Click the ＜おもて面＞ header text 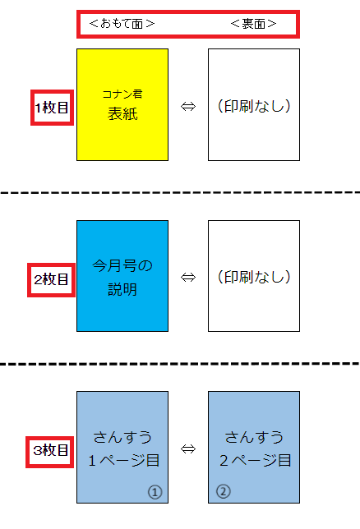122,24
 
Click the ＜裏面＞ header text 254,24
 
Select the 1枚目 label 52,108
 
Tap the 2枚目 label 51,279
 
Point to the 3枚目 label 50,450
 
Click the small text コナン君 122,94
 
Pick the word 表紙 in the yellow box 122,113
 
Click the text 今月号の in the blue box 122,266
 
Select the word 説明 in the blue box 122,289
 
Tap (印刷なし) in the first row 254,106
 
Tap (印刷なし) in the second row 254,277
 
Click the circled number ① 155,492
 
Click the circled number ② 224,491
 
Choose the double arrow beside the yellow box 188,107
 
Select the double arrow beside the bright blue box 188,278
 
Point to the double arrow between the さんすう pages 188,448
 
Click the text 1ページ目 123,461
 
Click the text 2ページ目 256,461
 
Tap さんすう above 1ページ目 122,437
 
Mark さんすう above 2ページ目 254,437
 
